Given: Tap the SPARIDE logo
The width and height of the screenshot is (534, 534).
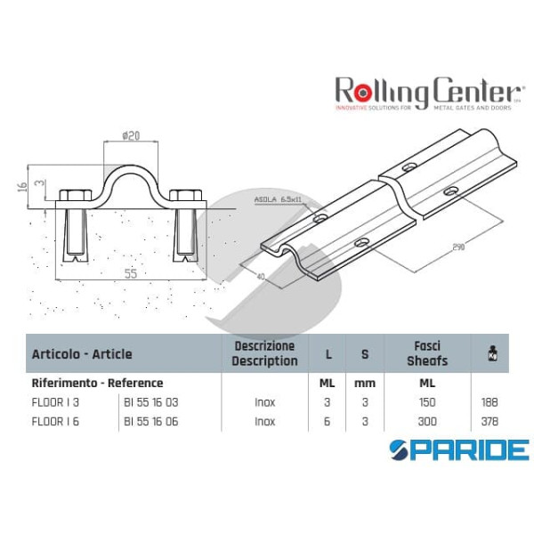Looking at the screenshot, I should [458, 449].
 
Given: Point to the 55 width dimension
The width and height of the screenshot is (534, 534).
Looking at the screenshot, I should [131, 274].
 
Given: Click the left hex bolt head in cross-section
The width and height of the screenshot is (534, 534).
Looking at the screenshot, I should [73, 197].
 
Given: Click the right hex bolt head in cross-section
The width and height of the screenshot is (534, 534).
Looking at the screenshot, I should [187, 197].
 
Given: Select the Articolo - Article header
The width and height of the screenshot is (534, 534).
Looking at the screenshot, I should [82, 353].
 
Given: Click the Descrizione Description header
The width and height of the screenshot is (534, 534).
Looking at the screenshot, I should [264, 352].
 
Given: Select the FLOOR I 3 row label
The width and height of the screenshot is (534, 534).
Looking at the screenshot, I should [52, 402].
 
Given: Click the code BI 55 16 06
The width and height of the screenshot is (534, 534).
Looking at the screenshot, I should [151, 421].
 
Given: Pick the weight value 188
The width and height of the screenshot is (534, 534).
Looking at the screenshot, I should [488, 402].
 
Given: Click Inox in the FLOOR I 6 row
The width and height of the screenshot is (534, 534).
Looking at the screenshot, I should [264, 421].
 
